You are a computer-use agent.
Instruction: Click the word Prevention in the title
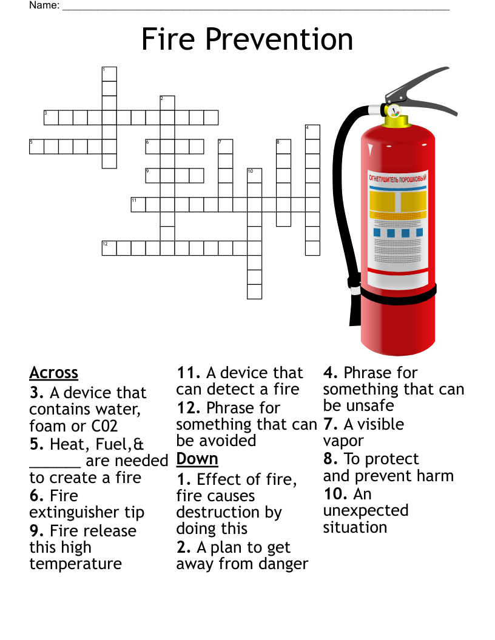[x=279, y=39]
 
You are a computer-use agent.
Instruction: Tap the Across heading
[x=53, y=373]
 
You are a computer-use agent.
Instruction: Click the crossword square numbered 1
[x=109, y=74]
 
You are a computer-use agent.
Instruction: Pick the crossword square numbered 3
[x=51, y=117]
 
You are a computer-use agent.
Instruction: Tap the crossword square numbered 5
[x=36, y=147]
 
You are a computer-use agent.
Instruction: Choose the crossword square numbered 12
[x=109, y=248]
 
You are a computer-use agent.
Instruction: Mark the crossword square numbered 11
[x=138, y=204]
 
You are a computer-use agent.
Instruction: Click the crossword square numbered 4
[x=312, y=132]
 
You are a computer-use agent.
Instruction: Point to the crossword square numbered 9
[x=152, y=176]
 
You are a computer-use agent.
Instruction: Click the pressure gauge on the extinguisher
[x=394, y=111]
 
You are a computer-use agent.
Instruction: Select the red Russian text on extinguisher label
[x=397, y=179]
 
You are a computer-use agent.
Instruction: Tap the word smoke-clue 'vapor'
[x=343, y=441]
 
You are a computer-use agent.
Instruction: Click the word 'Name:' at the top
[x=44, y=5]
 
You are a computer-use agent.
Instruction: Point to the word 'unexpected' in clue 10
[x=365, y=511]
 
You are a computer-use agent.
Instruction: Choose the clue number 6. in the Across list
[x=36, y=496]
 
